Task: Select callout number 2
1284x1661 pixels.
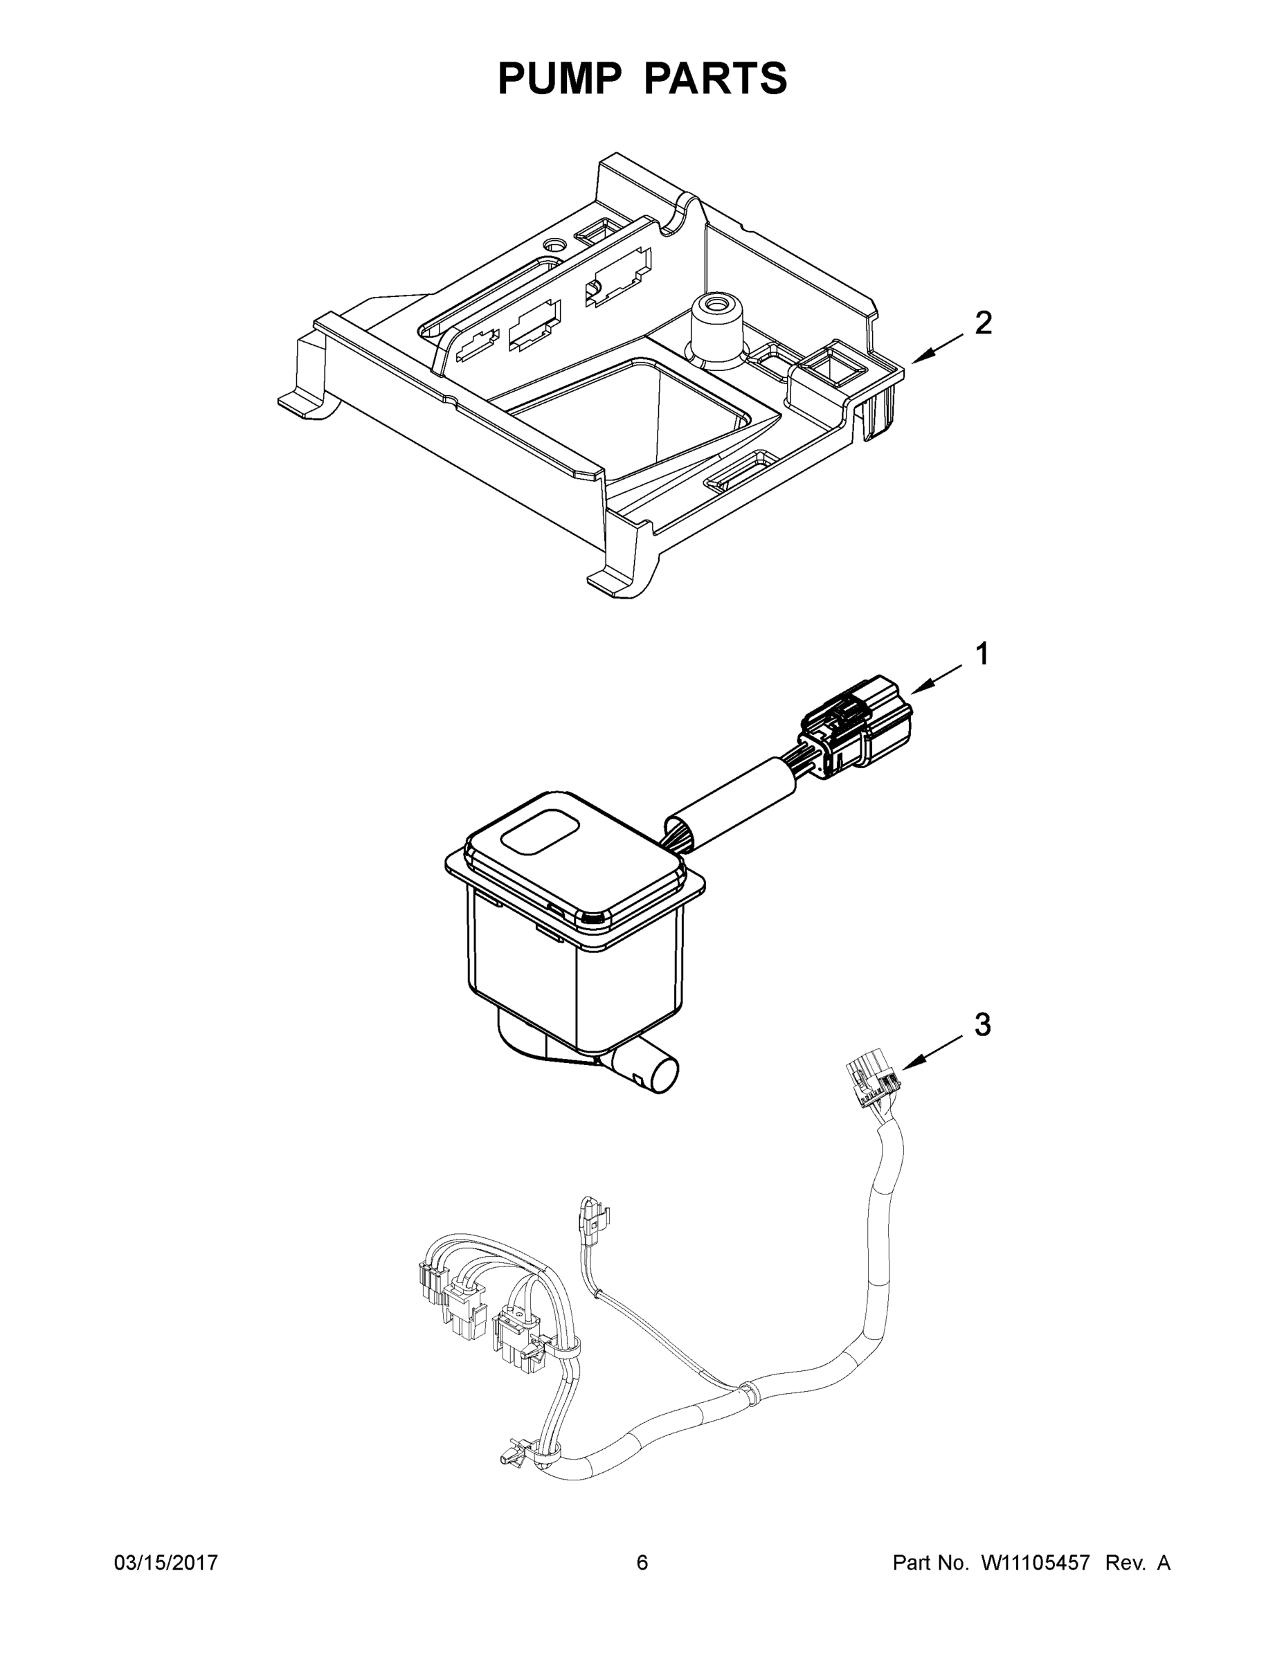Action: coord(983,323)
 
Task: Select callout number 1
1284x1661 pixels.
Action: coord(982,654)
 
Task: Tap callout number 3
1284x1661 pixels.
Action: coord(983,1025)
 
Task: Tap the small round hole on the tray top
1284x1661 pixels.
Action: coord(554,246)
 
